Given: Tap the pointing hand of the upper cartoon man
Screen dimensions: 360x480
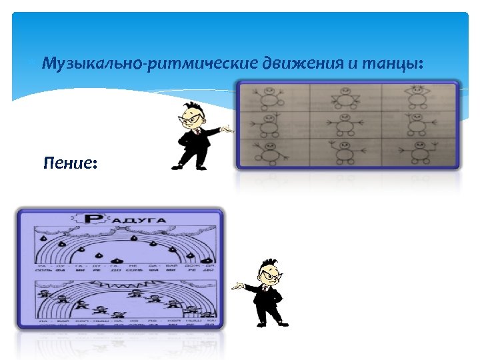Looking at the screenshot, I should (x=229, y=130).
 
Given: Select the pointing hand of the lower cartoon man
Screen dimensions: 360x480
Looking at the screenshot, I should (x=237, y=287).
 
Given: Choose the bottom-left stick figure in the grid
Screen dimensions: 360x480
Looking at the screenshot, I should (x=270, y=153).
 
